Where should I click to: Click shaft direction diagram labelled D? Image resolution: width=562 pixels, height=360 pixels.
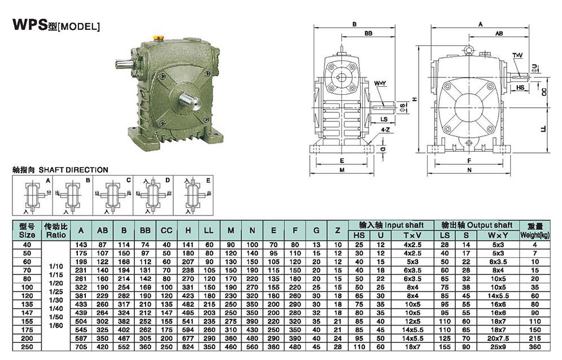click(x=153, y=195)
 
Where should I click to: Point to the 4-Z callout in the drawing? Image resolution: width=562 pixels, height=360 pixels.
click(x=385, y=130)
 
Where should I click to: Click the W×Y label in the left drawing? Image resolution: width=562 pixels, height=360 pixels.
click(x=380, y=84)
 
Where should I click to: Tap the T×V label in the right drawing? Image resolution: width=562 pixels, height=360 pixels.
click(x=517, y=55)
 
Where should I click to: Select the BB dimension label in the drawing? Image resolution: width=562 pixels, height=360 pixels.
click(x=368, y=33)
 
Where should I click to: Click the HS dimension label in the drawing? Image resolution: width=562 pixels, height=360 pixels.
click(x=520, y=87)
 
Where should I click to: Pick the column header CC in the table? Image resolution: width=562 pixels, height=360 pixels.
click(x=166, y=231)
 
